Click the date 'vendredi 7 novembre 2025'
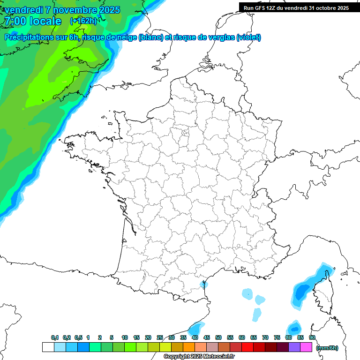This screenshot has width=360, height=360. point(62,10)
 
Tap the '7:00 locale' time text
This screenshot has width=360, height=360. point(33,21)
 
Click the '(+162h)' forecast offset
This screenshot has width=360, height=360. point(83,21)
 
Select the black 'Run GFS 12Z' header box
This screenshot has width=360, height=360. point(296,7)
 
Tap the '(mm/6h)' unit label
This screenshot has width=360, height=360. point(327,348)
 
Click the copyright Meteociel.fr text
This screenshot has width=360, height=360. point(199,357)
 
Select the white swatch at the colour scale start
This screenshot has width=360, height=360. point(48,347)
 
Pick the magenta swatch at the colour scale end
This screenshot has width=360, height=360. point(306,347)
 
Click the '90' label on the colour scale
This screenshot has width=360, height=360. point(312,337)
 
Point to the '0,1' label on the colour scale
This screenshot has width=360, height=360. point(55,337)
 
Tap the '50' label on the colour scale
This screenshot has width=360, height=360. point(218,337)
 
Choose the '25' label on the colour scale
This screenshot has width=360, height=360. point(160,337)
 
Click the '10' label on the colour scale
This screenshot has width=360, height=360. point(125,337)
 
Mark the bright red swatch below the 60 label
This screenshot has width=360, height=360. point(247,347)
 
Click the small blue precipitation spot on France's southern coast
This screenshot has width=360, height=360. point(203,284)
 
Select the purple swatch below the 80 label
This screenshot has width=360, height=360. point(294,347)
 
